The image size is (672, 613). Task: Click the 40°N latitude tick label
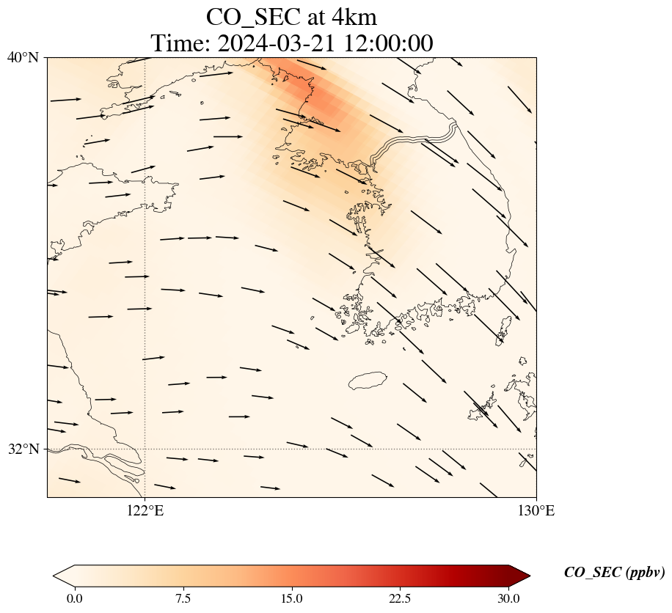[x=23, y=57]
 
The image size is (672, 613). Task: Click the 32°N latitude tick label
[x=23, y=449]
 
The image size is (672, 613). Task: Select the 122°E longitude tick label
[x=145, y=511]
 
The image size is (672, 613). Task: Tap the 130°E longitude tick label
[x=536, y=511]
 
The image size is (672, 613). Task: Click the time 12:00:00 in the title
[x=384, y=43]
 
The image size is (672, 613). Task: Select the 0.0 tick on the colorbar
[x=74, y=598]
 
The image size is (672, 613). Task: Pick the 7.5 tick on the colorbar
[x=183, y=598]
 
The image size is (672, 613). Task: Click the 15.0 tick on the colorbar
[x=291, y=598]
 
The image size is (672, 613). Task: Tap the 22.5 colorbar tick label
[x=400, y=598]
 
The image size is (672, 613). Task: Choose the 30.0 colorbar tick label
[x=508, y=598]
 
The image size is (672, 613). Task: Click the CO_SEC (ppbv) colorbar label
[x=614, y=573]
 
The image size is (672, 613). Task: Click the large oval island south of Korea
[x=368, y=381]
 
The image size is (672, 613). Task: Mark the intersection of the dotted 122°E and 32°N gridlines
[x=145, y=449]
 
